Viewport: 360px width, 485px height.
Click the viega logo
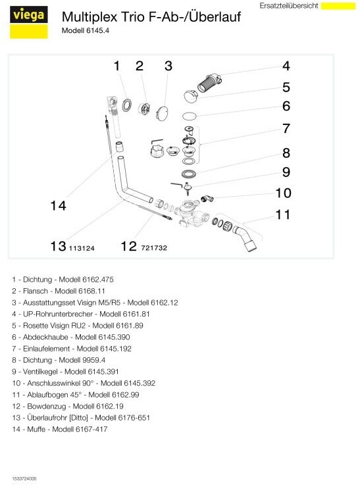[29, 22]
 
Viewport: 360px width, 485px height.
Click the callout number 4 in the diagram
[286, 66]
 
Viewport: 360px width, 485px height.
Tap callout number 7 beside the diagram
[286, 128]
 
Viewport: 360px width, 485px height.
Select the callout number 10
[283, 193]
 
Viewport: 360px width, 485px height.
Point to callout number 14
[58, 206]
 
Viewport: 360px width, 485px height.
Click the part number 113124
[82, 248]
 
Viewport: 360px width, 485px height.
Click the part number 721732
[154, 247]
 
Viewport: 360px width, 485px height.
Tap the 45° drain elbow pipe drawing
[247, 238]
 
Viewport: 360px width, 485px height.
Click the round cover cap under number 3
[162, 113]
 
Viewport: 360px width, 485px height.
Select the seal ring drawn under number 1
[126, 105]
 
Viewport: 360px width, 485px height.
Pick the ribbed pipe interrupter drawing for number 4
[209, 82]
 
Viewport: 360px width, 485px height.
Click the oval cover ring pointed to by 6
[190, 116]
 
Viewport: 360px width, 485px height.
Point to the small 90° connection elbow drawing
[207, 199]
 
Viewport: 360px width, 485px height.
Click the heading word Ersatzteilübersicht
[289, 6]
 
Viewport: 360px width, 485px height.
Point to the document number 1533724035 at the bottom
[24, 478]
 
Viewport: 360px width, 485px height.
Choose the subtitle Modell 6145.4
[86, 31]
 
